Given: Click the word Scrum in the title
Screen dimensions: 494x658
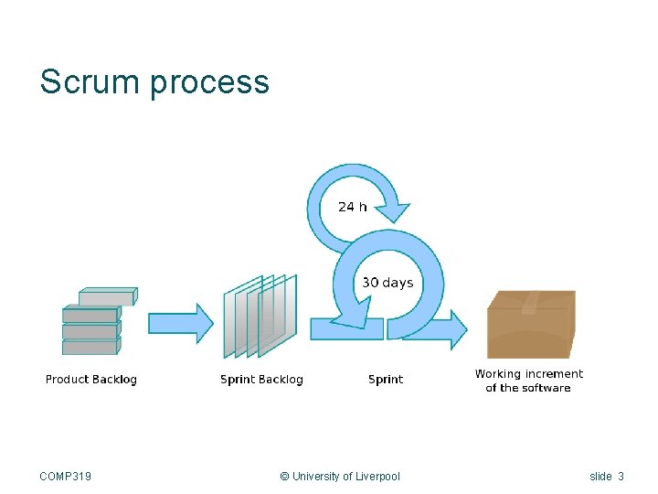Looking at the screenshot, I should point(90,82).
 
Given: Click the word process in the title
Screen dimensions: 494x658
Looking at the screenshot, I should point(209,83).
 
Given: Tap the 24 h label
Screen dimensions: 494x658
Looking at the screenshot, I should point(352,207).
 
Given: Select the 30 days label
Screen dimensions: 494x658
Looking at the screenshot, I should point(387,283).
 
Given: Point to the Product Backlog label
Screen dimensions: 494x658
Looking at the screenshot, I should point(91,380).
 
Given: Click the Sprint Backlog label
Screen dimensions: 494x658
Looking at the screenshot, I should point(261,380).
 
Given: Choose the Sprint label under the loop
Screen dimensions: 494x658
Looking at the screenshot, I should point(386,380).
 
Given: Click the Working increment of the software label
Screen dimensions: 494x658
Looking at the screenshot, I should point(528,381).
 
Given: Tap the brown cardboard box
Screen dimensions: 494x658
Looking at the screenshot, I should point(530,325).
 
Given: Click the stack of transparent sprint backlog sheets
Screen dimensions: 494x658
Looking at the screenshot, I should point(260,316).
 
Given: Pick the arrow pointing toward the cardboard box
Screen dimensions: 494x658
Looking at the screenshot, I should point(439,328).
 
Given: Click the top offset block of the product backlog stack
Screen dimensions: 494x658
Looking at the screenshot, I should point(107,296).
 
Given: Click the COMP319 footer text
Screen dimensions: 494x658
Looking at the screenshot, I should point(66,477).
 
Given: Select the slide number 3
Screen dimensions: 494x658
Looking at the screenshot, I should point(621,477).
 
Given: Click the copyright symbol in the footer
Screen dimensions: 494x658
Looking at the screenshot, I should point(284,477).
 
